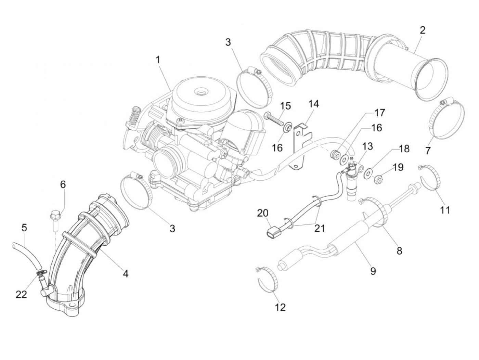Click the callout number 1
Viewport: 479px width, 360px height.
point(158,60)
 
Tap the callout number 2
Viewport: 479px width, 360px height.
point(423,30)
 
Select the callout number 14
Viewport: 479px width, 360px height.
point(314,104)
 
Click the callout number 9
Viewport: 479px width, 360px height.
point(373,271)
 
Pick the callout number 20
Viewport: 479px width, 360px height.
point(263,213)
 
